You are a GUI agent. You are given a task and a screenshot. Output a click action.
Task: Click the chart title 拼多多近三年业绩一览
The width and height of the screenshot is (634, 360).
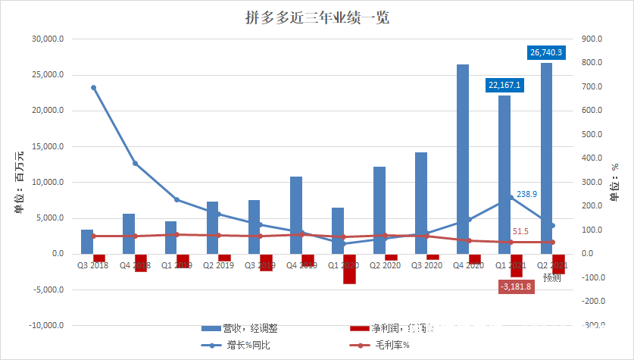click(316, 17)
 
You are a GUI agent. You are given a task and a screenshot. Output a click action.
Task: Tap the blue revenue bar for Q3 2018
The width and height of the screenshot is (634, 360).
click(87, 241)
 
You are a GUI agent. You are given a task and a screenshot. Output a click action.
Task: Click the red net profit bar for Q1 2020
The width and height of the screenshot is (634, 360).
click(349, 268)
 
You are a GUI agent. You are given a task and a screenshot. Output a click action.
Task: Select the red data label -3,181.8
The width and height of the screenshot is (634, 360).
click(515, 286)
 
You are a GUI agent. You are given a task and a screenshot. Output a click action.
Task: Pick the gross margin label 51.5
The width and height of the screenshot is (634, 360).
click(520, 231)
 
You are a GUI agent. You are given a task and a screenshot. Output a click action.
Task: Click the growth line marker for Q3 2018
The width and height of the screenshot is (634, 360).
click(93, 88)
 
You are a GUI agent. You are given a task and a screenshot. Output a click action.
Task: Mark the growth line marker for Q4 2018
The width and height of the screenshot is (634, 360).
click(136, 163)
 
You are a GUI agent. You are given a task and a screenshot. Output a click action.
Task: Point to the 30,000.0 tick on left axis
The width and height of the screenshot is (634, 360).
click(48, 39)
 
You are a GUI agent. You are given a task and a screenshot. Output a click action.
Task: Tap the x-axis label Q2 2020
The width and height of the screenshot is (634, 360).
click(385, 265)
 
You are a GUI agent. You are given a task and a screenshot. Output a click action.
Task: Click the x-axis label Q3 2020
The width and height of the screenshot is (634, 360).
click(426, 265)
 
